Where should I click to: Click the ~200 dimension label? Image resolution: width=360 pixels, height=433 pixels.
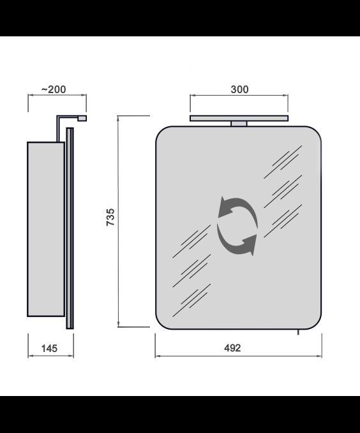point(54,89)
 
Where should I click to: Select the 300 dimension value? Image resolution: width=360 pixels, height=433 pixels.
point(239,89)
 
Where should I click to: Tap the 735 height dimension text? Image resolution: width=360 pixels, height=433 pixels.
point(110,217)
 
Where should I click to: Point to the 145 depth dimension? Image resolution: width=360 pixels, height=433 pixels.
point(49,348)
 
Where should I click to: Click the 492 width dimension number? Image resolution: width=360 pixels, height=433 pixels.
point(232,348)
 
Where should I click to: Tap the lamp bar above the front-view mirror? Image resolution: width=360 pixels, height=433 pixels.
point(239,118)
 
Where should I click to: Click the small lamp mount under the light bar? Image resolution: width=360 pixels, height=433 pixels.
point(239,124)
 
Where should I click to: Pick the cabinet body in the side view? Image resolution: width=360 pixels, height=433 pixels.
point(46,229)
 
